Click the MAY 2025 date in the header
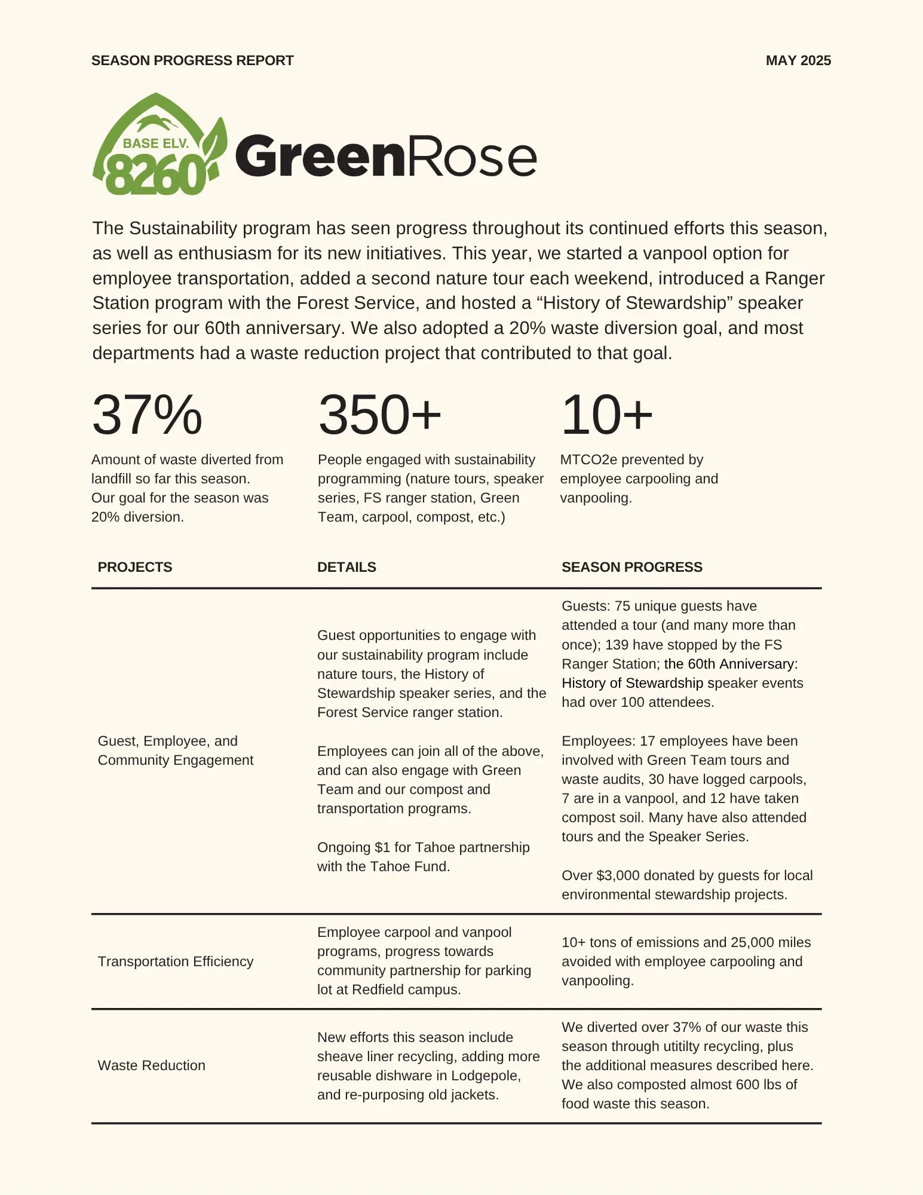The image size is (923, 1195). point(798,60)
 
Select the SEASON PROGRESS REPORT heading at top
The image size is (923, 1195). point(192,60)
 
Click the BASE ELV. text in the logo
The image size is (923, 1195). point(155,143)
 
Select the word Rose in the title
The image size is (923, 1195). point(471,157)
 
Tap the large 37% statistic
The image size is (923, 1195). point(147,415)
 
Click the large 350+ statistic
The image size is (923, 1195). point(379,415)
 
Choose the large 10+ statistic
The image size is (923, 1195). point(606,415)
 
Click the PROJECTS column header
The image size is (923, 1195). point(134,567)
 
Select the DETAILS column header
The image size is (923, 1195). point(346,567)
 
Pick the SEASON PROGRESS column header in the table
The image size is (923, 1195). point(631,567)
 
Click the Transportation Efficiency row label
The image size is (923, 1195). point(176,961)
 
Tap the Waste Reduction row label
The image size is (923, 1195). point(151,1065)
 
